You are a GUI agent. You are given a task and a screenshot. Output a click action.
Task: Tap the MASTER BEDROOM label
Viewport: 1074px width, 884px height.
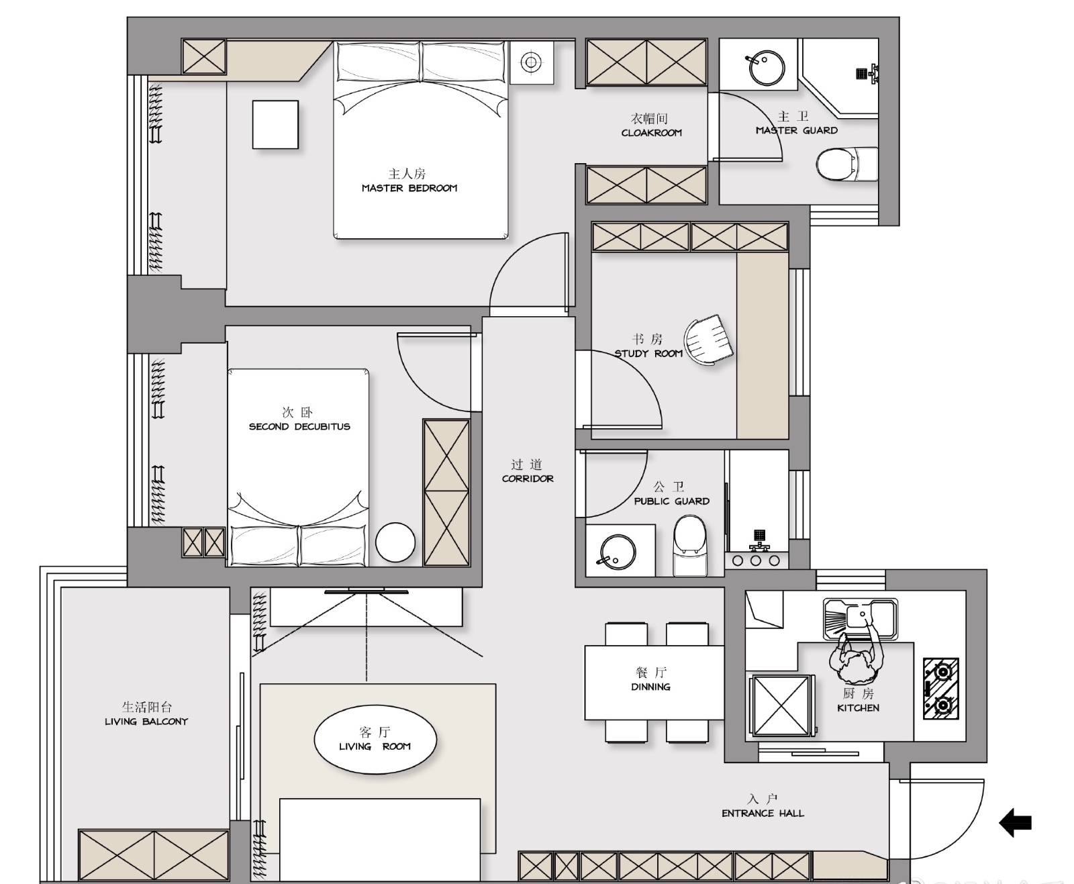click(409, 188)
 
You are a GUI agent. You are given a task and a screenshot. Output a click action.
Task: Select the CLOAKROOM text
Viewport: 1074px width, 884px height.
click(651, 133)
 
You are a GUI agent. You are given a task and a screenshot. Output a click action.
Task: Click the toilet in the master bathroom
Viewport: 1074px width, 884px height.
click(847, 164)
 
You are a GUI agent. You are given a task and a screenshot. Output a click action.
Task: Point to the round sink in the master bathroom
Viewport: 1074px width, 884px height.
click(767, 68)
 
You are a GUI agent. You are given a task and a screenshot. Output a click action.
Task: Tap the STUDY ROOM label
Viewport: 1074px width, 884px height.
click(648, 353)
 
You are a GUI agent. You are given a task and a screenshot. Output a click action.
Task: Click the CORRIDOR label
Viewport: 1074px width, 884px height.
click(528, 479)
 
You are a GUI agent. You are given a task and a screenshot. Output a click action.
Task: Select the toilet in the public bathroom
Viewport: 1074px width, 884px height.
click(690, 546)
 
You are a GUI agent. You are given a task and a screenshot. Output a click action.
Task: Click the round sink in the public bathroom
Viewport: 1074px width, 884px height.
click(618, 552)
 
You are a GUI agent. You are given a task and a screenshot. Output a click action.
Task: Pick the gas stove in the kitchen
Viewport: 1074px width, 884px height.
click(941, 689)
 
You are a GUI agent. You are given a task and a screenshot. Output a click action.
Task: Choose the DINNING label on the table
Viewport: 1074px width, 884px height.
click(651, 687)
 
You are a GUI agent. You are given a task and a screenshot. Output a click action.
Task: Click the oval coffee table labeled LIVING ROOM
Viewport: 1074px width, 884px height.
click(375, 740)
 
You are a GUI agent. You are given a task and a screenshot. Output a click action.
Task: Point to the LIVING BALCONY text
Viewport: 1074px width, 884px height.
click(146, 722)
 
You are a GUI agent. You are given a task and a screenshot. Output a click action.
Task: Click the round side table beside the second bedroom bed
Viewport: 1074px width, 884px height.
click(395, 542)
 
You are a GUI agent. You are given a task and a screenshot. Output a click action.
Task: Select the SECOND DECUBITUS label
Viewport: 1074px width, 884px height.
click(299, 427)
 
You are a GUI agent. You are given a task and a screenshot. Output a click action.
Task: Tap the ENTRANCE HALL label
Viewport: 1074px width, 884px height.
click(763, 814)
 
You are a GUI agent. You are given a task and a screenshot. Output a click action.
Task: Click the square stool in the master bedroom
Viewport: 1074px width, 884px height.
click(275, 125)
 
